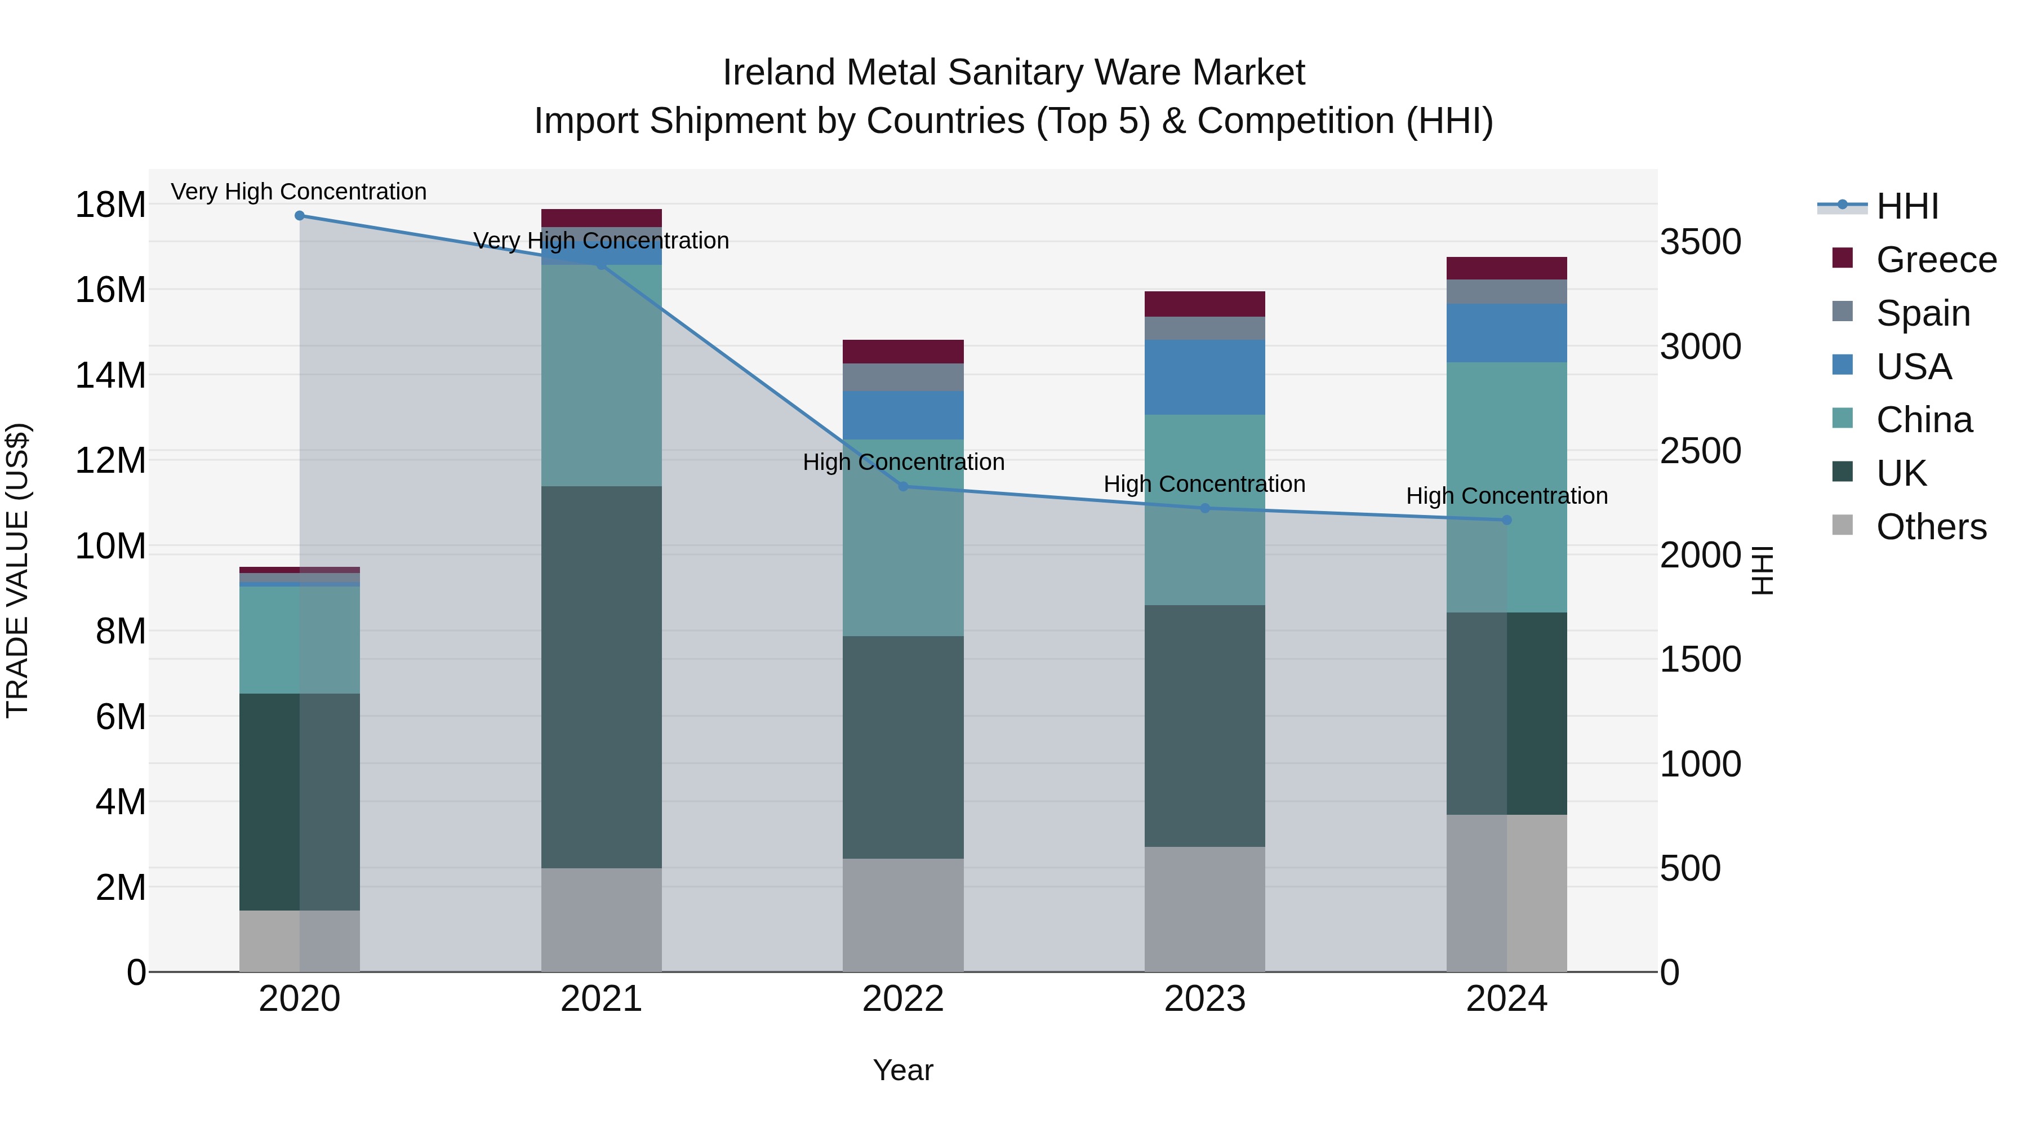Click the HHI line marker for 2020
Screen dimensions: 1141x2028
click(x=299, y=216)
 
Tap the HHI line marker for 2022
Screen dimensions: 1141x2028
click(x=903, y=487)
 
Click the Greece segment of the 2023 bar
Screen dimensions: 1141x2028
click(x=1204, y=304)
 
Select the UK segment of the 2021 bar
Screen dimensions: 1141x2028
click(x=602, y=677)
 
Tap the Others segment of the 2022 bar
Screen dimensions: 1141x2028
click(x=903, y=915)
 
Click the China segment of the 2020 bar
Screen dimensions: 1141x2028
click(x=299, y=640)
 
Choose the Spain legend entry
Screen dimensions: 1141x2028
click(x=1923, y=313)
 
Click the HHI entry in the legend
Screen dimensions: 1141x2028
click(x=1907, y=206)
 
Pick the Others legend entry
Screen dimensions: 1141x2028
click(x=1931, y=527)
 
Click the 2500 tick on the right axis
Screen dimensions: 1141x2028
click(x=1701, y=451)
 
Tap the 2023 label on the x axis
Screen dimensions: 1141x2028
click(x=1204, y=999)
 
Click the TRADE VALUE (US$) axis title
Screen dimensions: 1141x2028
click(x=17, y=570)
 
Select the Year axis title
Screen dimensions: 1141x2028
click(x=903, y=1070)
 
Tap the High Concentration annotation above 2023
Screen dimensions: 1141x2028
click(x=1204, y=483)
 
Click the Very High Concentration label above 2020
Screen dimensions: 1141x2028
click(x=299, y=192)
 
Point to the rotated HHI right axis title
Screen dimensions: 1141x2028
click(x=1762, y=570)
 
